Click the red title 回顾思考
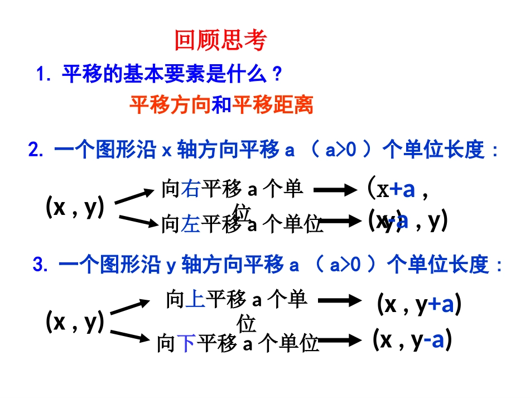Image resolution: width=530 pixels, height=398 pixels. coord(221,41)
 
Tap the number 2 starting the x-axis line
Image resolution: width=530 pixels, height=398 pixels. coord(32,151)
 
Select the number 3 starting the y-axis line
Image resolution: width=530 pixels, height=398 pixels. coord(37,266)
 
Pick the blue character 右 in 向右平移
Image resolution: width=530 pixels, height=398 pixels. coord(191,190)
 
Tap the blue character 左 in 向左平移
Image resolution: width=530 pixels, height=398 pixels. coord(190,224)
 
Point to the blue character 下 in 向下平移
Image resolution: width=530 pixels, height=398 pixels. coord(186,343)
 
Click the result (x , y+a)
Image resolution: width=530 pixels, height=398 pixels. coord(419,305)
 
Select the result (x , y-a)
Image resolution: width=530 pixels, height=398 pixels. coord(412,340)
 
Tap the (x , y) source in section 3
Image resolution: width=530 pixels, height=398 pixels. coord(75,322)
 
